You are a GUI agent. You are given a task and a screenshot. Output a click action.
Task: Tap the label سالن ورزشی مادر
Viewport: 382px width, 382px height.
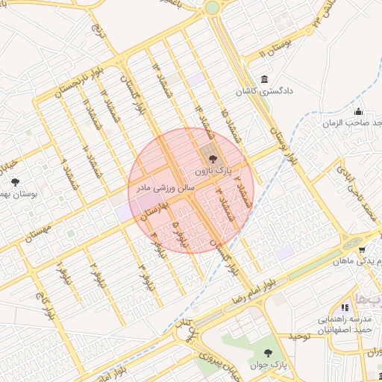click(x=164, y=187)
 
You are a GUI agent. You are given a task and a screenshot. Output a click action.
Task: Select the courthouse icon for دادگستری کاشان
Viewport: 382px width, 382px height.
click(x=264, y=80)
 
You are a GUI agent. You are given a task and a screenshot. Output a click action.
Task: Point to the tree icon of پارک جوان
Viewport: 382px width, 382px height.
click(x=268, y=352)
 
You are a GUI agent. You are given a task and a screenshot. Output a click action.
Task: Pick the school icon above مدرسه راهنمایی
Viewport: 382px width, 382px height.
click(x=344, y=307)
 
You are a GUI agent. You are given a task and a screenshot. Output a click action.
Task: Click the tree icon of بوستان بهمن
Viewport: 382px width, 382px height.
click(x=15, y=181)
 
